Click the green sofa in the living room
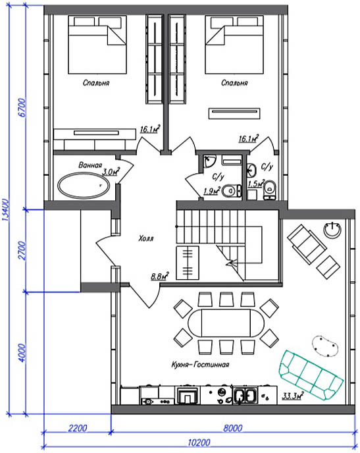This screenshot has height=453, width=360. [311, 375]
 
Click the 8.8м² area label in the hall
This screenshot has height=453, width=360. [160, 276]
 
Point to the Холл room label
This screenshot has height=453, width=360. [146, 238]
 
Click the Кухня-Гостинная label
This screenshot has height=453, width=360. [200, 365]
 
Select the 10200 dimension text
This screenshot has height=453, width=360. [199, 442]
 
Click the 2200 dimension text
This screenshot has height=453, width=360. [78, 428]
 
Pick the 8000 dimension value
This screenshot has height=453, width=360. [233, 428]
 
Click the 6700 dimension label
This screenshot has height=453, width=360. [22, 107]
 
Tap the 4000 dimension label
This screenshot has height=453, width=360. [22, 352]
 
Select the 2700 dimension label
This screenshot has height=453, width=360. [22, 250]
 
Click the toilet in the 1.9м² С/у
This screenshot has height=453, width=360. [232, 190]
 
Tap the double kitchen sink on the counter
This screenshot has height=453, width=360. [245, 395]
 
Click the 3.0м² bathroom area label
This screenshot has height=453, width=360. [111, 171]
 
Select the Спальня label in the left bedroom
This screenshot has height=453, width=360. [96, 83]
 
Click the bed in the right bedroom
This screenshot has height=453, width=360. [234, 45]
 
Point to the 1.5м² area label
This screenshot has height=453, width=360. [257, 183]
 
